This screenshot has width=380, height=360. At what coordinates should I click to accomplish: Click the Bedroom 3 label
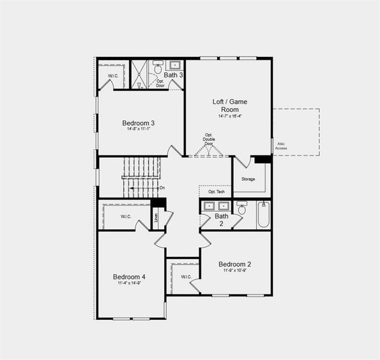[x=142, y=123]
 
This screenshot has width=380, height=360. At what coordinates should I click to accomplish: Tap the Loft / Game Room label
[x=230, y=106]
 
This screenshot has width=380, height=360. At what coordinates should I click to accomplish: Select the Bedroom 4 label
[x=129, y=277]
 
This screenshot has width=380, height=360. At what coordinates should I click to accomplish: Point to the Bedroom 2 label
[x=235, y=264]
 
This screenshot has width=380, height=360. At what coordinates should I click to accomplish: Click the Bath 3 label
[x=174, y=75]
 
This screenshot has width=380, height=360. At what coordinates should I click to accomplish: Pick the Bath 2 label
[x=222, y=220]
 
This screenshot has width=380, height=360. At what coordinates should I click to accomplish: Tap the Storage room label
[x=248, y=179]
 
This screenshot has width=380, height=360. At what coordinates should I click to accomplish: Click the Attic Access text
[x=281, y=146]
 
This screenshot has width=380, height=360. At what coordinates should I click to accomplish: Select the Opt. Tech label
[x=216, y=192]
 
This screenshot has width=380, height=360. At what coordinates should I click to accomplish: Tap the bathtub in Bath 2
[x=264, y=215]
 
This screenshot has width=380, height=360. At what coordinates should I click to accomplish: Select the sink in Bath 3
[x=176, y=64]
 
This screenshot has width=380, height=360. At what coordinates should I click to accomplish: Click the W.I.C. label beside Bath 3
[x=113, y=76]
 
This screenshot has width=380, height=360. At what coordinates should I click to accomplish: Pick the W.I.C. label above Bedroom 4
[x=126, y=217]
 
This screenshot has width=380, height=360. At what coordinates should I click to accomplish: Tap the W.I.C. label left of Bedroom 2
[x=186, y=277]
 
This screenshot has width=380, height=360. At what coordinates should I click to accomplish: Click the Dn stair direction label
[x=162, y=188]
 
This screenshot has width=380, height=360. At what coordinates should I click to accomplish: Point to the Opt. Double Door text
[x=209, y=139]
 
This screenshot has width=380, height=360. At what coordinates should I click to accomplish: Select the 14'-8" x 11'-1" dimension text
[x=142, y=129]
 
